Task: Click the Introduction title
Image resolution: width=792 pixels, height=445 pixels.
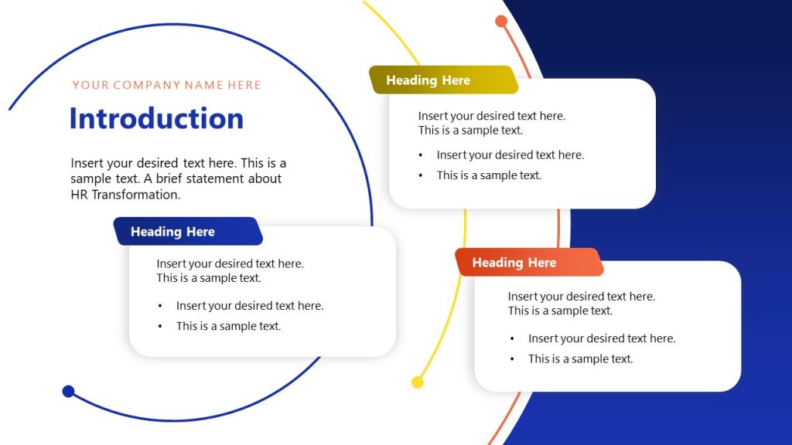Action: [156, 119]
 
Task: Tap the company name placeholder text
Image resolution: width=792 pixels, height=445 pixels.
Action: [166, 85]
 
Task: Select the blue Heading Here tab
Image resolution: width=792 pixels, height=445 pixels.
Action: [188, 232]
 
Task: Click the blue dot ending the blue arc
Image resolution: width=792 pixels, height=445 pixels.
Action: [68, 392]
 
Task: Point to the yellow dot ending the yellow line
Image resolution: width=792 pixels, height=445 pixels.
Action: [418, 382]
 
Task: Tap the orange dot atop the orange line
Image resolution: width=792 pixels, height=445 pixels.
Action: [501, 22]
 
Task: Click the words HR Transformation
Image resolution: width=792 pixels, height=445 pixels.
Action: [125, 195]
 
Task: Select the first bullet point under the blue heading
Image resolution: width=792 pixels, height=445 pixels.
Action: [249, 306]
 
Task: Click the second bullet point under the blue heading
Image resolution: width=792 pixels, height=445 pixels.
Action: [228, 326]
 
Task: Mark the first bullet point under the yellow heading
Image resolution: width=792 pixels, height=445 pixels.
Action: [510, 155]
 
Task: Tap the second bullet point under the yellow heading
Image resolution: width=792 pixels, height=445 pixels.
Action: [489, 175]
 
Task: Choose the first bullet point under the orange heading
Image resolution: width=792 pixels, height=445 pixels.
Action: [601, 338]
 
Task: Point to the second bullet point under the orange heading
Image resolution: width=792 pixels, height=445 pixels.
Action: [580, 358]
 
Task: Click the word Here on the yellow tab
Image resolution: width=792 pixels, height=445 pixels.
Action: [456, 80]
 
